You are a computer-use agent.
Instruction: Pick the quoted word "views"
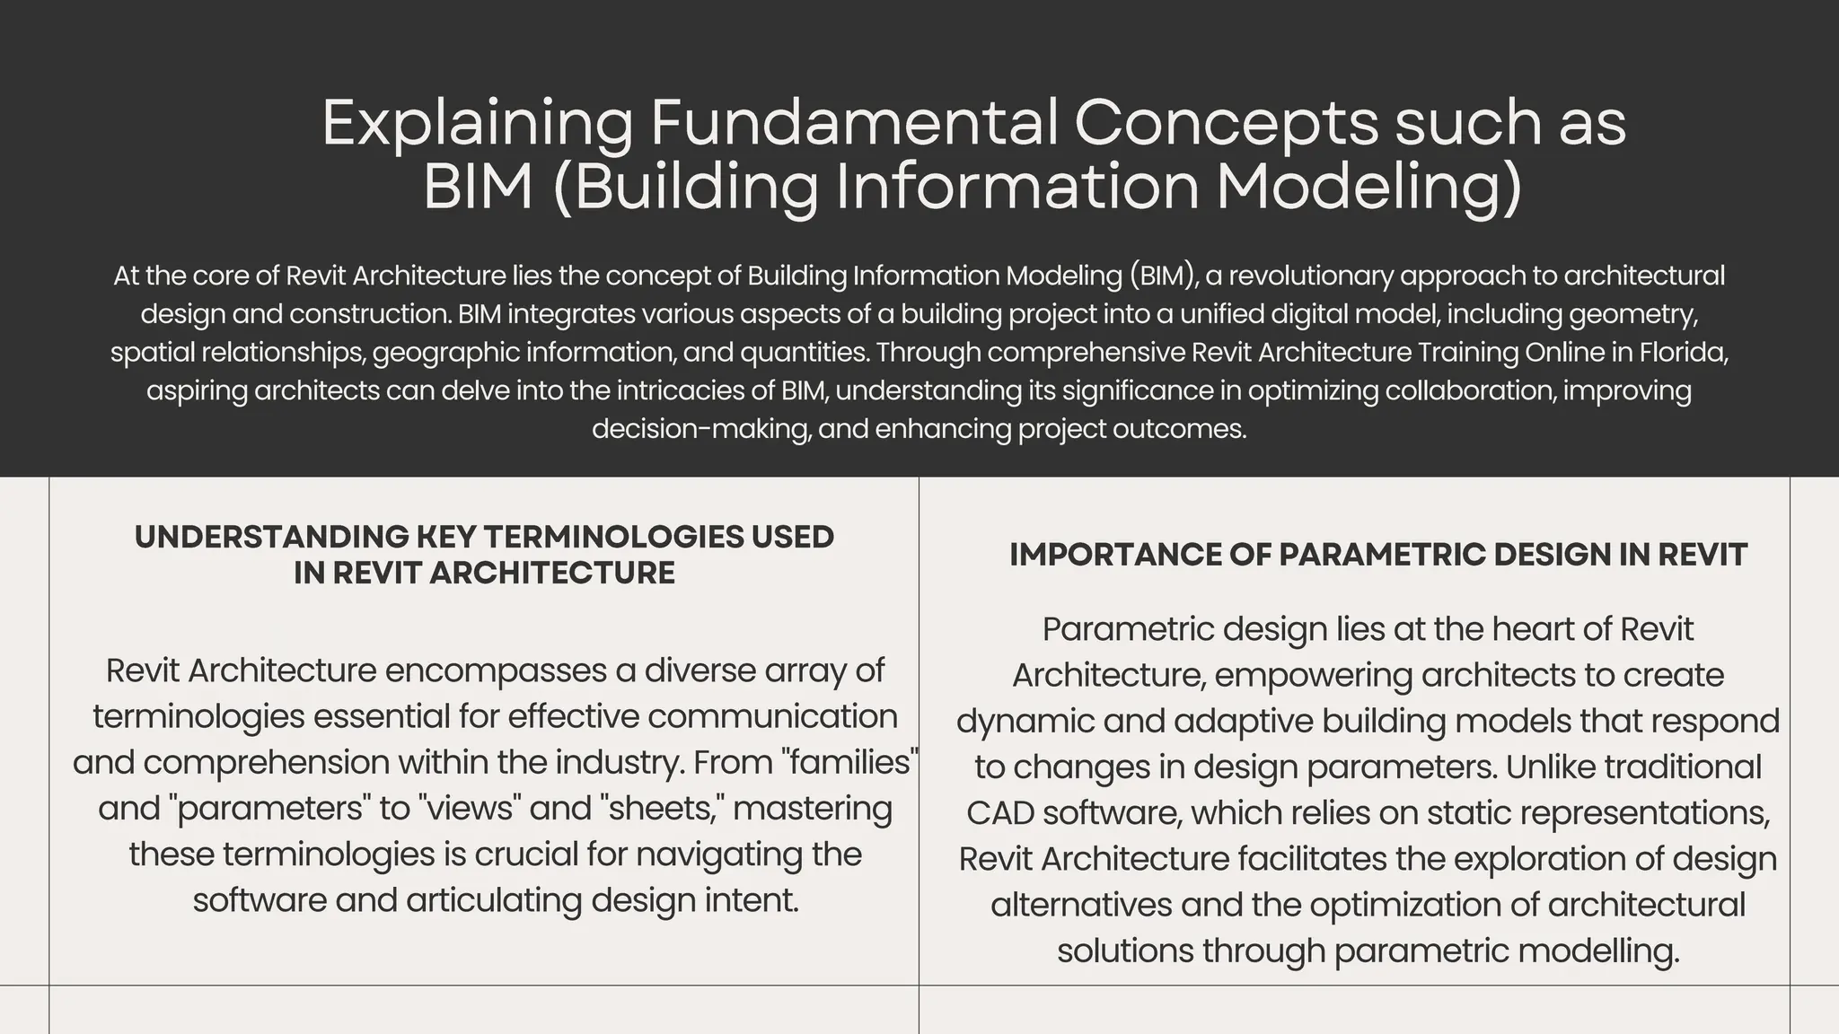470,808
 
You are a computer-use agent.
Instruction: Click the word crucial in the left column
526,854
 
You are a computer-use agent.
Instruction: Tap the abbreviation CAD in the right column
999,812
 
